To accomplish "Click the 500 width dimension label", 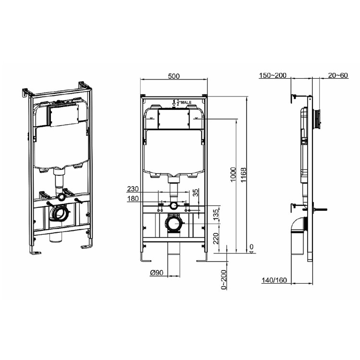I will tap(174, 76).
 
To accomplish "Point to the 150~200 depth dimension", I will tap(272, 76).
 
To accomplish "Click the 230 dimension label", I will tap(133, 189).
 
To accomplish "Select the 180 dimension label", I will tap(133, 199).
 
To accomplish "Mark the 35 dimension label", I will tap(195, 193).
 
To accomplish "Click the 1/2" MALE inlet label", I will tap(182, 102).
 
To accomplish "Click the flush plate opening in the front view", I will tap(174, 120).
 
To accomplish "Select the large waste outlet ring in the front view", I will tap(173, 223).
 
